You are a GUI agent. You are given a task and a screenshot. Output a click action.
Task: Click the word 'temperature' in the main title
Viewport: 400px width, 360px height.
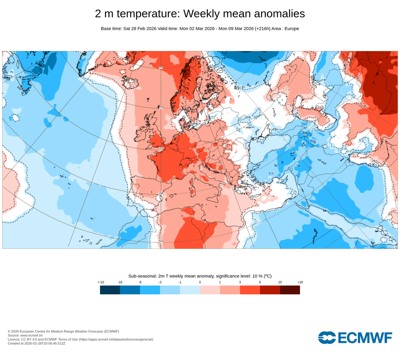pos(148,14)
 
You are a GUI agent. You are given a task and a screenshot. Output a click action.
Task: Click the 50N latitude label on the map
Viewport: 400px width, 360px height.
pos(161,149)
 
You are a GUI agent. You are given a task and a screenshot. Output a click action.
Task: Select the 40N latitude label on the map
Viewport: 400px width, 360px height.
pos(161,194)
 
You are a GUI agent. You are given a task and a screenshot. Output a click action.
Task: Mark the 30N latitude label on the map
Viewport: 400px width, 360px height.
pos(161,241)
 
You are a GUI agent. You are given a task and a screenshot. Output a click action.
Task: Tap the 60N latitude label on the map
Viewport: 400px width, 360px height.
pos(161,108)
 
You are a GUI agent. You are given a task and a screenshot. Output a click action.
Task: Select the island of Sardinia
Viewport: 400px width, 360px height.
pos(192,192)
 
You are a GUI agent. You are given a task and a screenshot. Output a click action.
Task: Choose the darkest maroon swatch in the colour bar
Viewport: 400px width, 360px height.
pos(290,290)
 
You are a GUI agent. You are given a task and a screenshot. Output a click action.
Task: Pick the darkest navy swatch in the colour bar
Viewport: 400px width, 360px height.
pos(110,290)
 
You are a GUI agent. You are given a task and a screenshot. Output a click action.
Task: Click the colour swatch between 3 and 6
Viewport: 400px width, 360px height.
pos(250,290)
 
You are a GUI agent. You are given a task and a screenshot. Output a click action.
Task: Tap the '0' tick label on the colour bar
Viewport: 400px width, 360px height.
pos(200,282)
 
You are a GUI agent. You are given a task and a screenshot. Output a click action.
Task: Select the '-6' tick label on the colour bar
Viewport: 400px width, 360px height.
pos(140,282)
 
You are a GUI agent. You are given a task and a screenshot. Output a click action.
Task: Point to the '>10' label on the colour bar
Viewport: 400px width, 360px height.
pos(300,282)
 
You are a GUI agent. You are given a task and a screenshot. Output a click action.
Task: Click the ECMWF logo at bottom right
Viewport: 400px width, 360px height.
pos(355,337)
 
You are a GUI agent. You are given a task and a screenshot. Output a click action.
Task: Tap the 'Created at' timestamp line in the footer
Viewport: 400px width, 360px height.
pos(36,344)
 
